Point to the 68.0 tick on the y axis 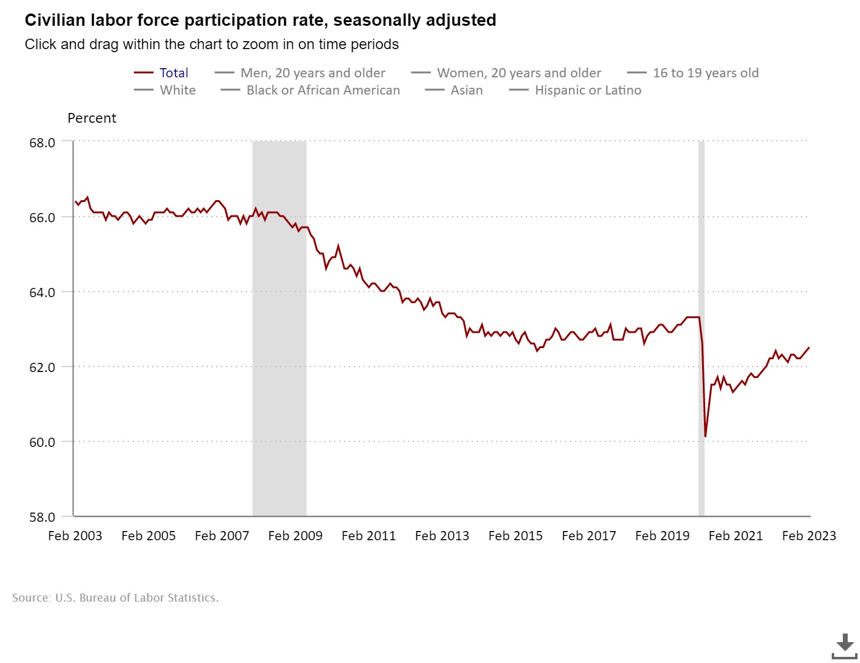(42, 142)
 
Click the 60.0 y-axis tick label (42, 442)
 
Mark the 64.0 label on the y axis (42, 292)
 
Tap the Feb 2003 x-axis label (75, 536)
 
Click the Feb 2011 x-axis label (369, 536)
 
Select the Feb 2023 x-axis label (808, 536)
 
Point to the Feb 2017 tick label (588, 536)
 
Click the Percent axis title (92, 118)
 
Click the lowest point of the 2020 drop (705, 436)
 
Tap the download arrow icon (844, 645)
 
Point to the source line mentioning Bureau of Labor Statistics (115, 598)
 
